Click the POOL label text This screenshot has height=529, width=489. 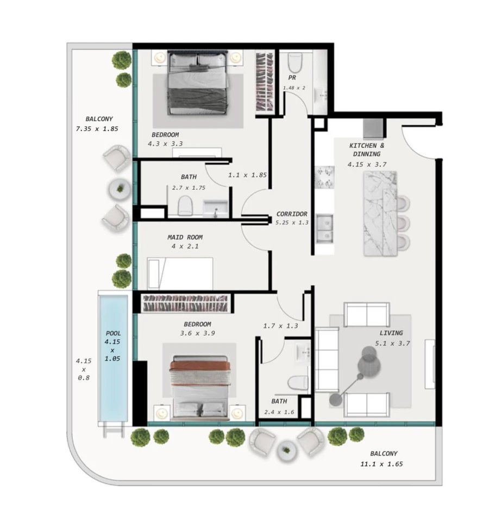114,333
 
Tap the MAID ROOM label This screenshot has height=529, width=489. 185,237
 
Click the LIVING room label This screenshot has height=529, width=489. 391,333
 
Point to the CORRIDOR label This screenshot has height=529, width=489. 292,214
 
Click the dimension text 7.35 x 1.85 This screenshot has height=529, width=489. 97,129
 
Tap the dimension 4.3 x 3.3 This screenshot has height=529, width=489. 165,144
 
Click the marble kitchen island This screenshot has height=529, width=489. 380,213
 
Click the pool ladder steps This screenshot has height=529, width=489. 114,430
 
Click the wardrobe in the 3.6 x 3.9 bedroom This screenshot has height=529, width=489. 184,303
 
